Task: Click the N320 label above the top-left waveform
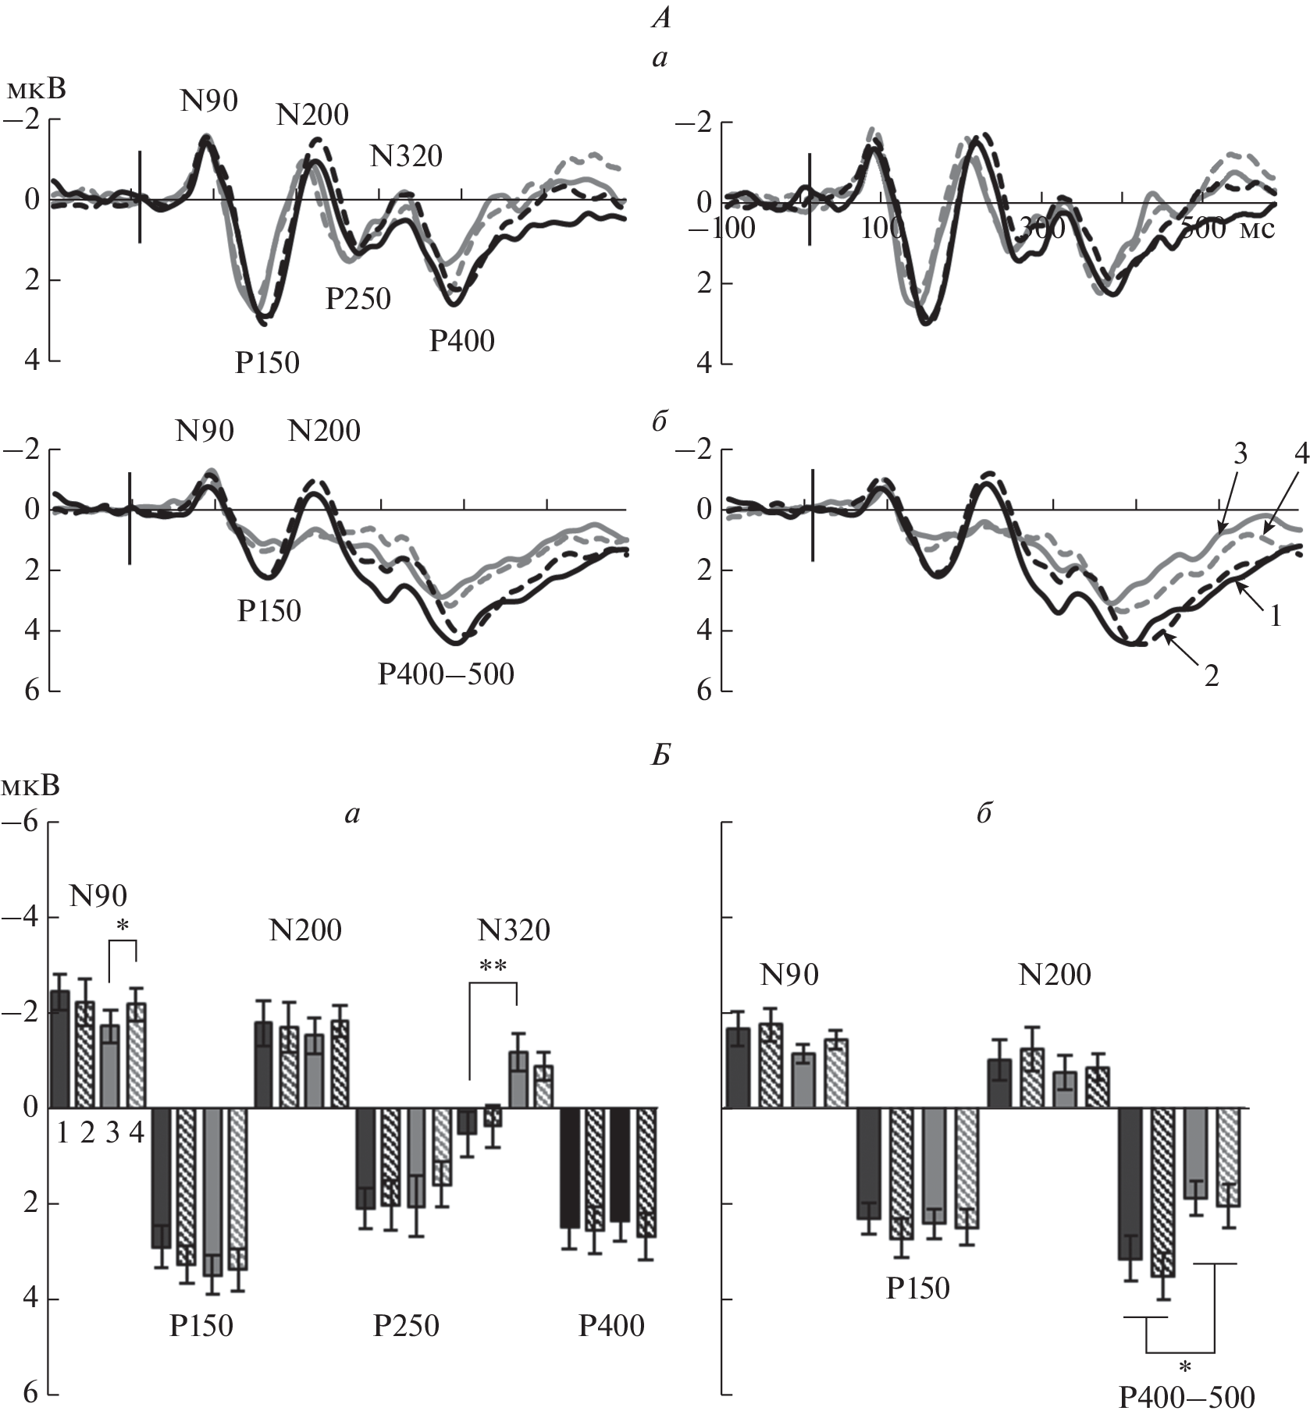coord(406,157)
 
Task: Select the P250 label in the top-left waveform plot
coord(358,298)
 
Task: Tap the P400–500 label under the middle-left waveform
coord(446,673)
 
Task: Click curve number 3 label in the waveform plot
coord(1241,454)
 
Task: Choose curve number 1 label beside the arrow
coord(1276,617)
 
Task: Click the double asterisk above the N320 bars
coord(493,967)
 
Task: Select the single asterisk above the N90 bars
coord(123,926)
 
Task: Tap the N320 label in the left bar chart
coord(514,930)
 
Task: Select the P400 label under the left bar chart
coord(611,1326)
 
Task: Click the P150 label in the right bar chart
coord(917,1288)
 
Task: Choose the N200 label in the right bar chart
coord(1054,975)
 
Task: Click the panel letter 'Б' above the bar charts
coord(660,756)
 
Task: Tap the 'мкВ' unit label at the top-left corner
coord(36,91)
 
